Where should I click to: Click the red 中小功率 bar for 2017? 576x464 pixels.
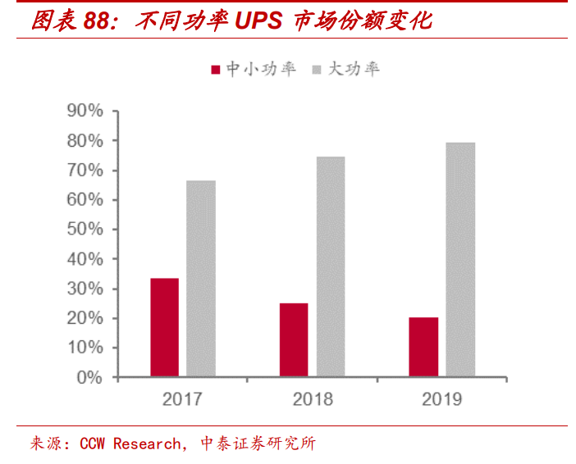click(x=164, y=328)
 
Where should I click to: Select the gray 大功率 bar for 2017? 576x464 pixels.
click(x=201, y=279)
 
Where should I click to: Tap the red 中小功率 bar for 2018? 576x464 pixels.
click(x=294, y=340)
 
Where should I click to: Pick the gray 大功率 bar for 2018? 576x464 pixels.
click(x=331, y=267)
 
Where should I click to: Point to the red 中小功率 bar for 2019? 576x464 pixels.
click(x=424, y=348)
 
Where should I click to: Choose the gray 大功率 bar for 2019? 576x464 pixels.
click(x=460, y=260)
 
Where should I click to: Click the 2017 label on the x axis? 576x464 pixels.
click(x=182, y=399)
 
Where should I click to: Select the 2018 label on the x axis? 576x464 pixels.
click(x=313, y=399)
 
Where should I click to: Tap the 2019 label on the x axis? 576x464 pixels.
click(x=442, y=399)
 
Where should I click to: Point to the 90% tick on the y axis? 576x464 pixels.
click(x=85, y=111)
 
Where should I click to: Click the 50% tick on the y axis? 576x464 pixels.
click(x=85, y=230)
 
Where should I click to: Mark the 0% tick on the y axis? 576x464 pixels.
click(x=89, y=378)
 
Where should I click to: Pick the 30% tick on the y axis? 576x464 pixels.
click(x=85, y=289)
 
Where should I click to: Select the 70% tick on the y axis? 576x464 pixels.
click(x=85, y=171)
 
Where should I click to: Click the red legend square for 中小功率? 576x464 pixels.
click(x=217, y=70)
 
